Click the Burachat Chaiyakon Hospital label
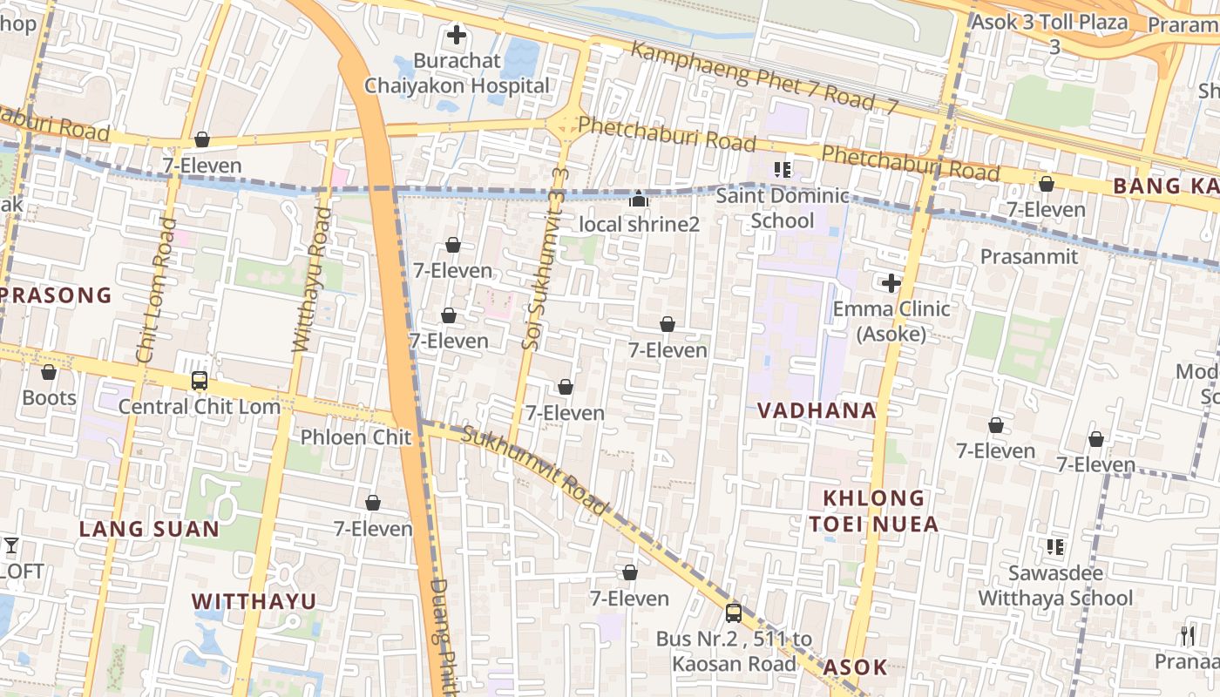coord(457,73)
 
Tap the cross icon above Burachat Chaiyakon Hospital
coord(456,36)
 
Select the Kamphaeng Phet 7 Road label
coord(763,77)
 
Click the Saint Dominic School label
coord(782,207)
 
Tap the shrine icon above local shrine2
coord(639,200)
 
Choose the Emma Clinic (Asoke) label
coord(891,321)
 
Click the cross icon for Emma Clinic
coord(891,283)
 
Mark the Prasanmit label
coord(1028,256)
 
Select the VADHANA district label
coord(816,410)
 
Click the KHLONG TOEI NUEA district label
coord(873,511)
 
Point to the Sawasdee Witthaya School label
coord(1055,585)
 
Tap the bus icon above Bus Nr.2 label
coord(734,612)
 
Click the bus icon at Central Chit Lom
coord(200,381)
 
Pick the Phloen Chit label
coord(356,436)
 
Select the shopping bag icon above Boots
coord(49,372)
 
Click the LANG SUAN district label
coord(149,529)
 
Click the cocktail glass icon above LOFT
coord(10,546)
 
